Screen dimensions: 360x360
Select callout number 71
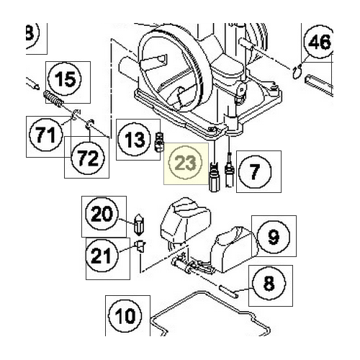45,134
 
